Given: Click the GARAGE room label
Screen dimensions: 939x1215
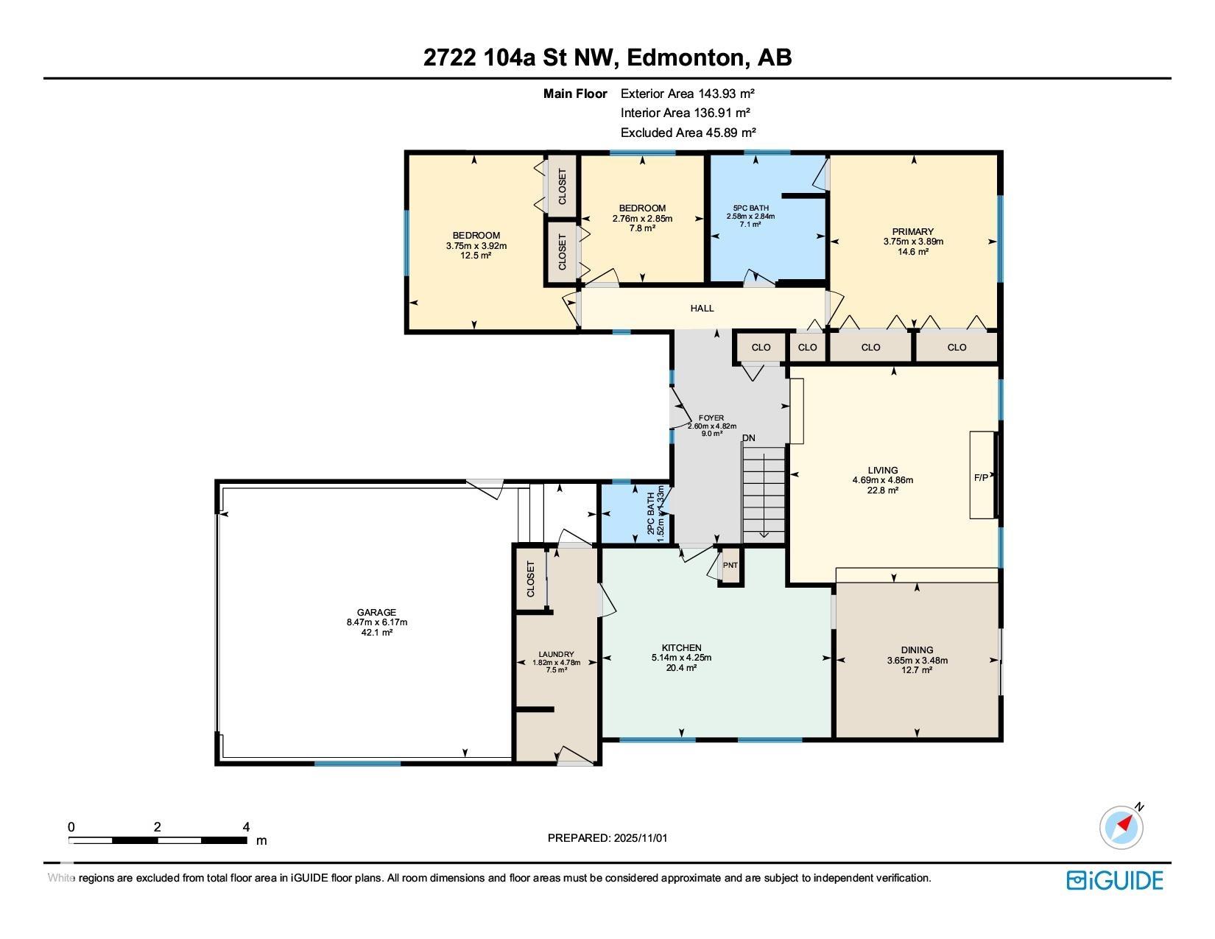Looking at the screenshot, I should (376, 612).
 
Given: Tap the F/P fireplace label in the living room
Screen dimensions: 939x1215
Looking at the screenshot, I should (982, 477).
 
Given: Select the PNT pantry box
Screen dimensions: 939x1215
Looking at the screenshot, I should (730, 566).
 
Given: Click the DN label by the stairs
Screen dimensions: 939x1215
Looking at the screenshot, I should (749, 438).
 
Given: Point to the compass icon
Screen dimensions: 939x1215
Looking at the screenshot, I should (1121, 827).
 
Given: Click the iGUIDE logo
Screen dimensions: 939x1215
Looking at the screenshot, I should (1115, 880).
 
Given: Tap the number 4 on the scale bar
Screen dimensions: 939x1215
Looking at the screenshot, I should (246, 827).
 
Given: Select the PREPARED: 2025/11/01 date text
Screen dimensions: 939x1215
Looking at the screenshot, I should (607, 838).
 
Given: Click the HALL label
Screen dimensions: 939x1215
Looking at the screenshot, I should (702, 309).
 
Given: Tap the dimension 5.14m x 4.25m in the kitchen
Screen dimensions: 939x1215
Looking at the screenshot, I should (681, 658).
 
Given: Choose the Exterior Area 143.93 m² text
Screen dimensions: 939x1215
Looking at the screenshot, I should (688, 94).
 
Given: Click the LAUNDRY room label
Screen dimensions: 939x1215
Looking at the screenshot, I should (556, 654).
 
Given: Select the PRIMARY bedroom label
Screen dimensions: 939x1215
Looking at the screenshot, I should (913, 231).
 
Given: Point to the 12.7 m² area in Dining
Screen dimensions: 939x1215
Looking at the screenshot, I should (917, 670).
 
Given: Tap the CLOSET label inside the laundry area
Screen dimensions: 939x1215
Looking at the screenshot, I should (531, 579).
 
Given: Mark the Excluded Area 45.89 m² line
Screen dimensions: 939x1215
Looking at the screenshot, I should (688, 133).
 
